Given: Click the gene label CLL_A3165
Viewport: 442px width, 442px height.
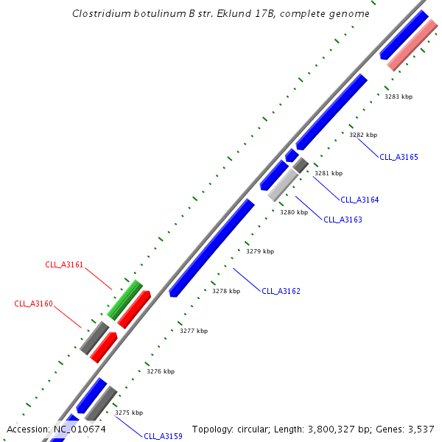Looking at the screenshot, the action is pyautogui.click(x=399, y=157).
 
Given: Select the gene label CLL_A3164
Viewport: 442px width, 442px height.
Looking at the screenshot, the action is pyautogui.click(x=359, y=200).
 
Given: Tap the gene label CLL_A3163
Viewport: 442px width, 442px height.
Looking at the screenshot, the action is pyautogui.click(x=343, y=220).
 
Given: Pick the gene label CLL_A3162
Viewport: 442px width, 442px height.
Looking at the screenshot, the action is pyautogui.click(x=281, y=291).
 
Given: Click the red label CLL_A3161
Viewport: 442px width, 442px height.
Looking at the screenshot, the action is pyautogui.click(x=64, y=264).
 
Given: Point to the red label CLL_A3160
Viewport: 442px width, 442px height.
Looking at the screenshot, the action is pyautogui.click(x=33, y=304).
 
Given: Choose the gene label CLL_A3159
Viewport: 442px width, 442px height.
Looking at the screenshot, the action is pyautogui.click(x=163, y=436).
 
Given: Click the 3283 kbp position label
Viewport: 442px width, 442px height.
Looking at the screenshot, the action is pyautogui.click(x=399, y=97).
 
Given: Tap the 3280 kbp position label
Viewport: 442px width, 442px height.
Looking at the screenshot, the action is pyautogui.click(x=293, y=212).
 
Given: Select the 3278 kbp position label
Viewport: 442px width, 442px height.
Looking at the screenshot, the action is pyautogui.click(x=226, y=291).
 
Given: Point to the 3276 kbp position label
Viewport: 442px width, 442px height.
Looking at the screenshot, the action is pyautogui.click(x=160, y=371).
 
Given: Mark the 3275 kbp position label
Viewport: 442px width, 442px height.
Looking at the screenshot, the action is pyautogui.click(x=129, y=413).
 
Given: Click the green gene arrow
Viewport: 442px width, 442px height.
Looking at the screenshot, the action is pyautogui.click(x=124, y=299).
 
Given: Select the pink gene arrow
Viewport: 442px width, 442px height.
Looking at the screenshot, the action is pyautogui.click(x=413, y=46).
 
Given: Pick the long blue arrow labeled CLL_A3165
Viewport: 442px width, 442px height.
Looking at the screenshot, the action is pyautogui.click(x=331, y=110).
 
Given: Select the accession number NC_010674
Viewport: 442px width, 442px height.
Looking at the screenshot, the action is pyautogui.click(x=79, y=429).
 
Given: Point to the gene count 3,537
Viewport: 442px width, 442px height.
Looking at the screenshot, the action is pyautogui.click(x=423, y=429).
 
